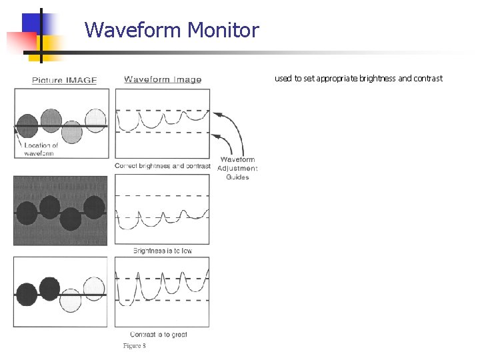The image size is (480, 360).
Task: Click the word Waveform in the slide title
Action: coord(133,30)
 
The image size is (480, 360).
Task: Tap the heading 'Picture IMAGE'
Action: coord(65,80)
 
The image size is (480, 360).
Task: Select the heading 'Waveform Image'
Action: coord(163,79)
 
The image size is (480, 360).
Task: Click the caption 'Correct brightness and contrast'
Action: coord(163,165)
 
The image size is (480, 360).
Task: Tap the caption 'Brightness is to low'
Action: coord(162,251)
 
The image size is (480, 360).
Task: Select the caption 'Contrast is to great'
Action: coord(159,334)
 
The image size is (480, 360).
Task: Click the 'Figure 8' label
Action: coord(134,345)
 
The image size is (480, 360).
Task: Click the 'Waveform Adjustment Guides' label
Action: coord(237,168)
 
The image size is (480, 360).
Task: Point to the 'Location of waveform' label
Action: coord(41,149)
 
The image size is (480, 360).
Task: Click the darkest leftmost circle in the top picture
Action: coord(27,125)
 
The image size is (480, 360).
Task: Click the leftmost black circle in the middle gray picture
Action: coord(27,213)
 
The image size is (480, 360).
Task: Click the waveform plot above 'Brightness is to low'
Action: coord(162,210)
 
